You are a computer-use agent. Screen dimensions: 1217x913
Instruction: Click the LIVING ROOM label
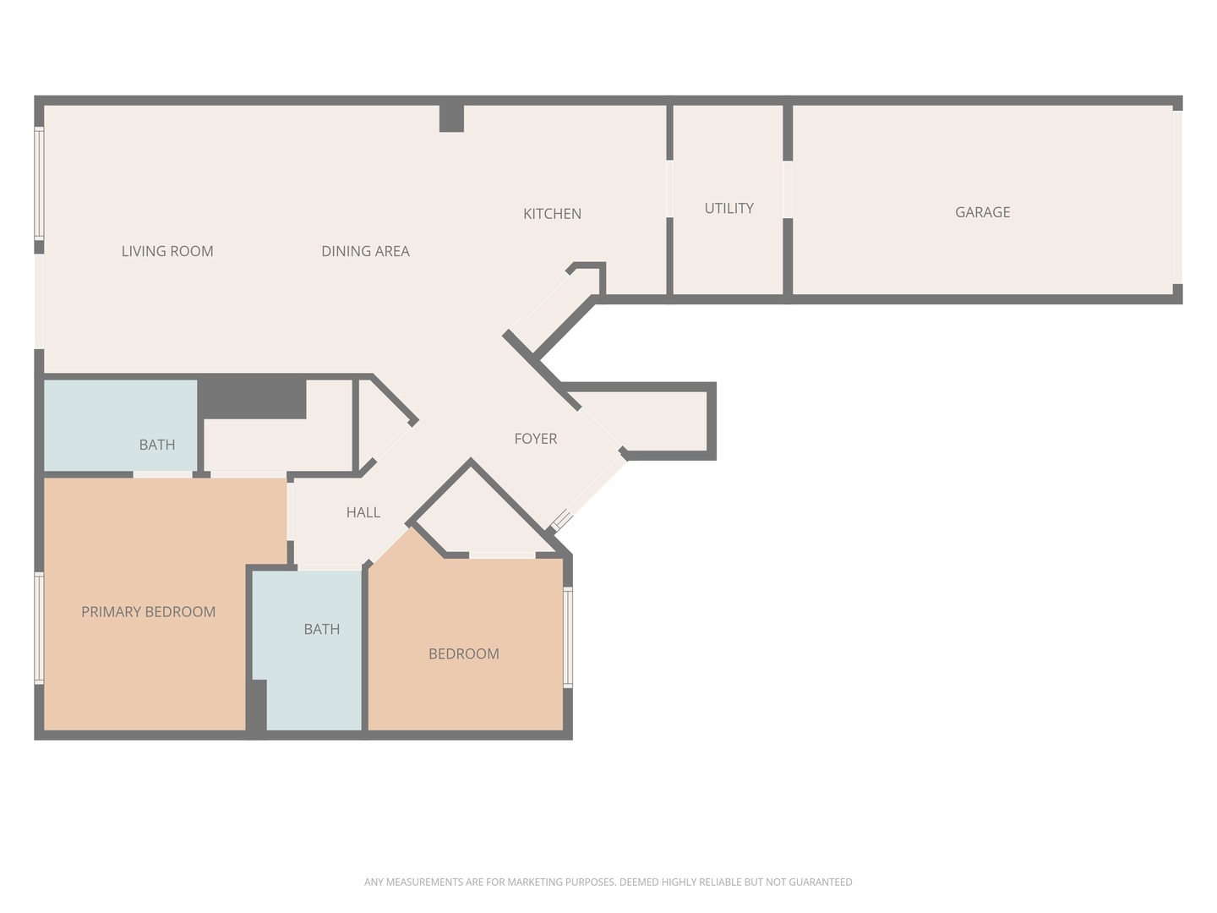tap(167, 251)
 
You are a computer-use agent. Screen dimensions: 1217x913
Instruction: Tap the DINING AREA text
tap(365, 251)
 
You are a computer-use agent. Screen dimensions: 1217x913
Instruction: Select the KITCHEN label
tap(552, 213)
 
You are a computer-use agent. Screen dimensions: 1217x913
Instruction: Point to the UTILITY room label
tap(729, 209)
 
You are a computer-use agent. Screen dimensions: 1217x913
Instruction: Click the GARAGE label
tap(982, 211)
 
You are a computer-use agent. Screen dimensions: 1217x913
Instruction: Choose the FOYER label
tap(536, 439)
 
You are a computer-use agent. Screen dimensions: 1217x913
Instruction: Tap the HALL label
tap(363, 512)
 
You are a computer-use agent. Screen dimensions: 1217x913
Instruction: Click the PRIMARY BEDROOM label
tap(149, 611)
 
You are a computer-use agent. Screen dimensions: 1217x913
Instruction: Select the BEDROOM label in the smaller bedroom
tap(463, 653)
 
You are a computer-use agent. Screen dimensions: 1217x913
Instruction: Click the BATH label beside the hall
tap(322, 629)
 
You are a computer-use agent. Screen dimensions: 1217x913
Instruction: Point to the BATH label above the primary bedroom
tap(157, 445)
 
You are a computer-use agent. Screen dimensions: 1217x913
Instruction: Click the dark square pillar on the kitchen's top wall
tap(451, 118)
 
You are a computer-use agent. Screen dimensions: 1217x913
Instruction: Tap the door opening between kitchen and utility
tap(669, 189)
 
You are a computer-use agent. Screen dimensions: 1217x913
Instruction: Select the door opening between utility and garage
tap(788, 189)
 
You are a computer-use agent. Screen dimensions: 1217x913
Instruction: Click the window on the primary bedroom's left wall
tap(39, 627)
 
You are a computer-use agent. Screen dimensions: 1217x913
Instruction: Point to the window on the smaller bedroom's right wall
tap(568, 637)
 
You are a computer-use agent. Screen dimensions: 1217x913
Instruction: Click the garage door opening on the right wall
tap(1177, 197)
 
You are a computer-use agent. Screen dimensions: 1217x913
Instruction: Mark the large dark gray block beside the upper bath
tap(252, 396)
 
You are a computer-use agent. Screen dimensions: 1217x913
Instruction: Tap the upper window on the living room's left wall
tap(39, 183)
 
